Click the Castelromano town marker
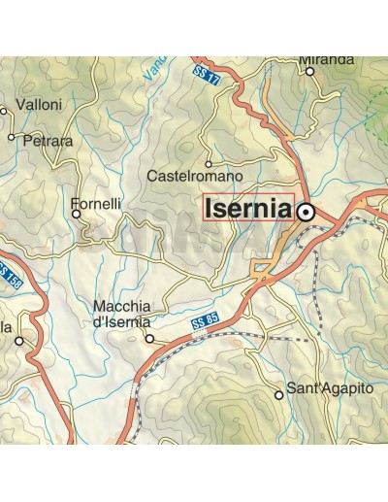pyautogui.click(x=208, y=164)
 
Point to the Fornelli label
pyautogui.click(x=96, y=206)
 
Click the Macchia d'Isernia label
pyautogui.click(x=121, y=315)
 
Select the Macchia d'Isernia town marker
pyautogui.click(x=149, y=339)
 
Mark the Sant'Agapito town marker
pyautogui.click(x=279, y=395)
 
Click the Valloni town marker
pyautogui.click(x=4, y=111)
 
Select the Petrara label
pyautogui.click(x=47, y=141)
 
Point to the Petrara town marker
pyautogui.click(x=12, y=137)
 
